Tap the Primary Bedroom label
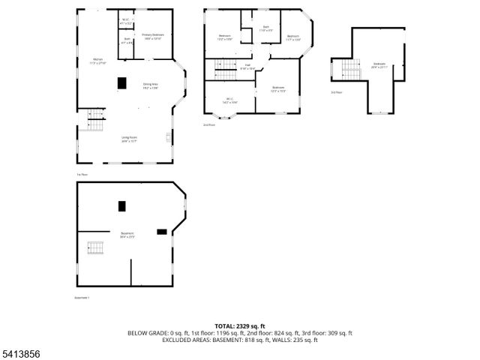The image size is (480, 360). tap(153, 36)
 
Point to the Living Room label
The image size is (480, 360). tap(129, 138)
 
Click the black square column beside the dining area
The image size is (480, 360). tap(121, 83)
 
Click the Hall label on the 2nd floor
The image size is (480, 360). tap(247, 67)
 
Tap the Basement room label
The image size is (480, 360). tap(127, 235)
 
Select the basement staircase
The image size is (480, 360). tap(94, 247)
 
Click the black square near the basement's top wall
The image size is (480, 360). tap(121, 205)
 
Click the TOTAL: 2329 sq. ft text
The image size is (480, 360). tap(240, 326)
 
